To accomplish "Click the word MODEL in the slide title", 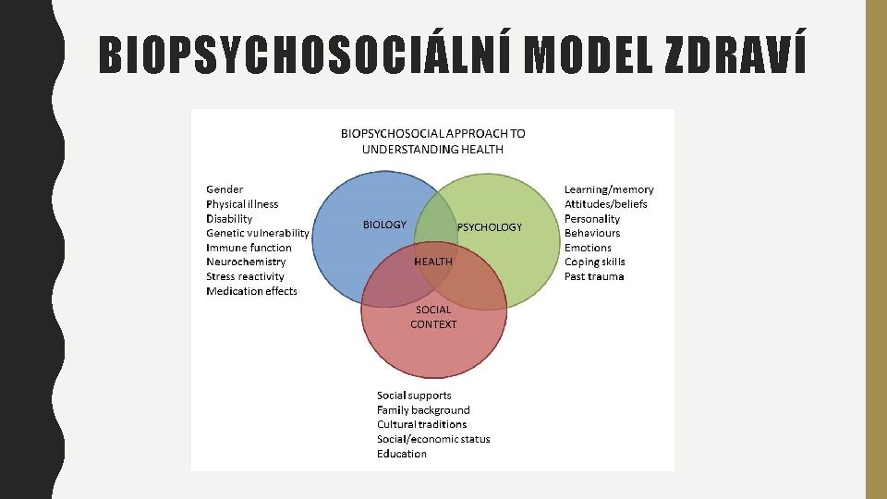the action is click(592, 56).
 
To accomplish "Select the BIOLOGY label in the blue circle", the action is click(384, 225).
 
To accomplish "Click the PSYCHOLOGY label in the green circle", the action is click(490, 227).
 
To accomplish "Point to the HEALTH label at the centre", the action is click(433, 262).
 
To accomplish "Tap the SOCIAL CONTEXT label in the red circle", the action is click(433, 317).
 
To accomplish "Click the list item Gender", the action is click(225, 189).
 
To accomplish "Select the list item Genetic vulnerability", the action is click(258, 233).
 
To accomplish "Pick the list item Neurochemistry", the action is click(246, 262).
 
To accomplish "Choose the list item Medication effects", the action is click(251, 291).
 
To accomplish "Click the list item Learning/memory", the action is click(609, 189).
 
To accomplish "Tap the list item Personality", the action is click(592, 219).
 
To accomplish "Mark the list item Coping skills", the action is click(595, 262).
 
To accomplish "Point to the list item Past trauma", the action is click(594, 276).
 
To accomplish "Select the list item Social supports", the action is click(414, 396).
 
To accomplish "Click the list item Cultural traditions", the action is click(421, 424).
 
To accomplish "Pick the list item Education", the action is click(402, 454).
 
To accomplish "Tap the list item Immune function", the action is click(249, 248).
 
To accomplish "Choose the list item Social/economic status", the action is click(433, 439).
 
